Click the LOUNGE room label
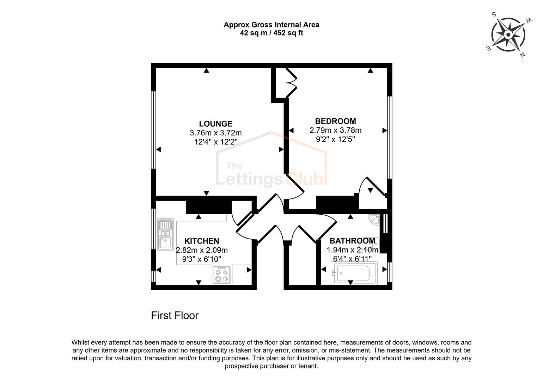click(215, 124)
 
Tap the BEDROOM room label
click(335, 121)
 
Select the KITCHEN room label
click(202, 241)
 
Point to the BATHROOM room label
click(352, 241)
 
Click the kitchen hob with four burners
click(222, 275)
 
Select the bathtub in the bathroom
click(354, 273)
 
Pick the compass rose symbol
click(508, 35)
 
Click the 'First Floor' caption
click(175, 315)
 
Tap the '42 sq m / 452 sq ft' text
click(271, 33)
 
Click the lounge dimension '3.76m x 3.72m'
click(215, 133)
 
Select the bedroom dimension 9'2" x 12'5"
click(335, 139)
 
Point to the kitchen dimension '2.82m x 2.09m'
click(202, 250)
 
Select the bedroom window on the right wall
click(390, 137)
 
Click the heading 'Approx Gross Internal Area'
click(271, 25)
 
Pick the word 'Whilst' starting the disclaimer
click(81, 342)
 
